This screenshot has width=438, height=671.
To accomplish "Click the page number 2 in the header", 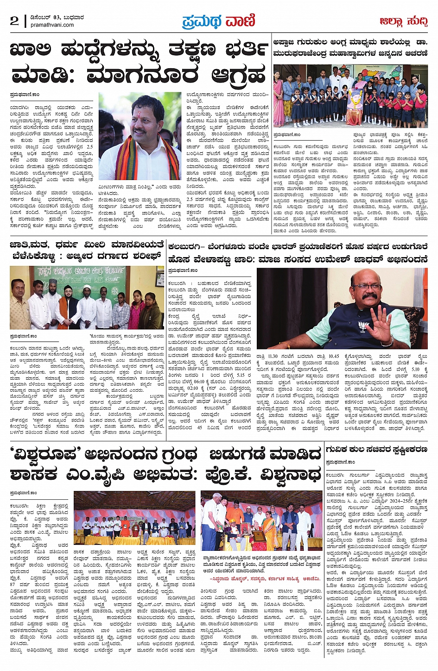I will tap(14, 21).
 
